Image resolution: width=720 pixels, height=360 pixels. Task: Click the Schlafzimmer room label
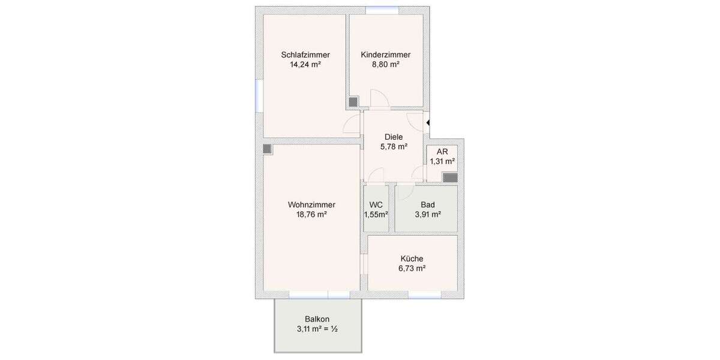(x=305, y=55)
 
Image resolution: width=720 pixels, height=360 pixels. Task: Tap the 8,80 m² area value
(x=386, y=65)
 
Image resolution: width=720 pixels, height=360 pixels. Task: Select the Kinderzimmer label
(x=386, y=55)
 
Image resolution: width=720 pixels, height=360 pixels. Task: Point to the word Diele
(x=394, y=137)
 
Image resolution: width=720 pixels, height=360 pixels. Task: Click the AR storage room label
(x=442, y=151)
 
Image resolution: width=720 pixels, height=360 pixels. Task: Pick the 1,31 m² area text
(x=442, y=161)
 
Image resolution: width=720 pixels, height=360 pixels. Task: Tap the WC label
(x=376, y=205)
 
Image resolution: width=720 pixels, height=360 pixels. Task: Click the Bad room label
(x=428, y=205)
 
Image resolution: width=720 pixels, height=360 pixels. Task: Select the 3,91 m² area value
(x=428, y=214)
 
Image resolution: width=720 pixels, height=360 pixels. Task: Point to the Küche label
(x=412, y=259)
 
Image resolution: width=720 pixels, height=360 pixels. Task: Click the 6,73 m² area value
(x=412, y=269)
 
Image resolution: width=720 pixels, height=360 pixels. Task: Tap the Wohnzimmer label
(x=311, y=205)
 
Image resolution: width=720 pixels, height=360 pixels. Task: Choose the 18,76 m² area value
(x=311, y=214)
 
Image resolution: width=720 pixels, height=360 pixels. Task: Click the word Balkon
(x=317, y=319)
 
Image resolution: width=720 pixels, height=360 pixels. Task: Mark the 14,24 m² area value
(x=305, y=65)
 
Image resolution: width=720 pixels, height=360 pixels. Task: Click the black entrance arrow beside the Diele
(x=428, y=124)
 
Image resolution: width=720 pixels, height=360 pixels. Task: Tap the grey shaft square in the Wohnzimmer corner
(x=268, y=148)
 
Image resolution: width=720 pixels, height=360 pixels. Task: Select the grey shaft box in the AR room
(x=449, y=177)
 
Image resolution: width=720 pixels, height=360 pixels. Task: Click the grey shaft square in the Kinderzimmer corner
(x=353, y=102)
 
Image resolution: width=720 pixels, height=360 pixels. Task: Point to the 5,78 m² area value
(x=394, y=146)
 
